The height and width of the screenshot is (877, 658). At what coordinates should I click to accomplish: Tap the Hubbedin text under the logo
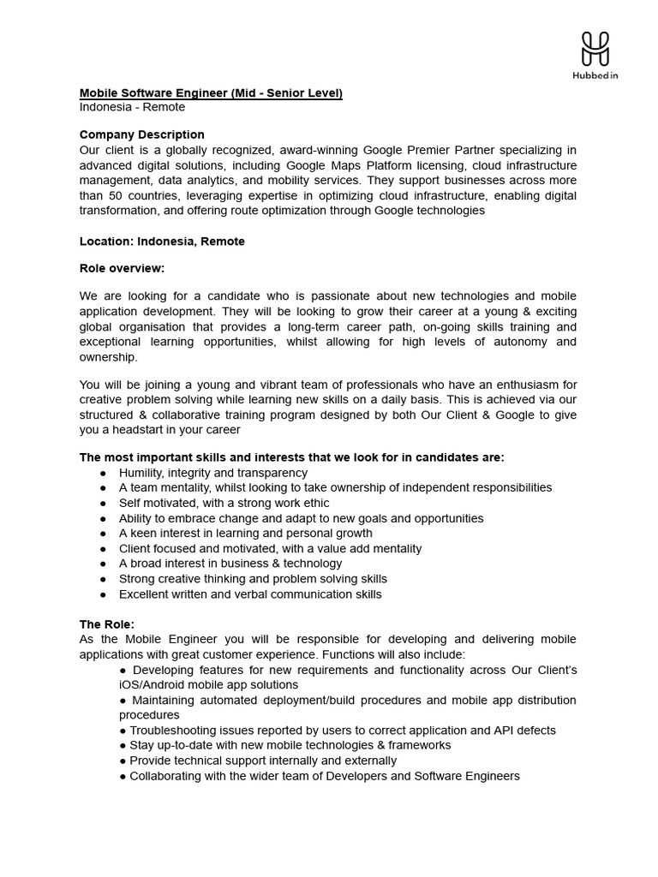[595, 75]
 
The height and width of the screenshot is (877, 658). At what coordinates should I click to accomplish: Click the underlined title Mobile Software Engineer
[211, 92]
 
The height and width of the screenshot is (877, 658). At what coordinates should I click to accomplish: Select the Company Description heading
[141, 134]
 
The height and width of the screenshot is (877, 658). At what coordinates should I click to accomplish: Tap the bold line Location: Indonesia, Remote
[162, 242]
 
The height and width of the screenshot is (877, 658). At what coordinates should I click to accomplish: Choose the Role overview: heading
[122, 268]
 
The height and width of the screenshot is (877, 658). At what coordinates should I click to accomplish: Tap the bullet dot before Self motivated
[103, 504]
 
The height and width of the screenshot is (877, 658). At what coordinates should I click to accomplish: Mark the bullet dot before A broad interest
[103, 564]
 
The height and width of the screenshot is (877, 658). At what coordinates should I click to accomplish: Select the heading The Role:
[107, 624]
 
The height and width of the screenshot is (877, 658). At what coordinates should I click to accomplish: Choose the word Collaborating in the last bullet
[166, 776]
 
